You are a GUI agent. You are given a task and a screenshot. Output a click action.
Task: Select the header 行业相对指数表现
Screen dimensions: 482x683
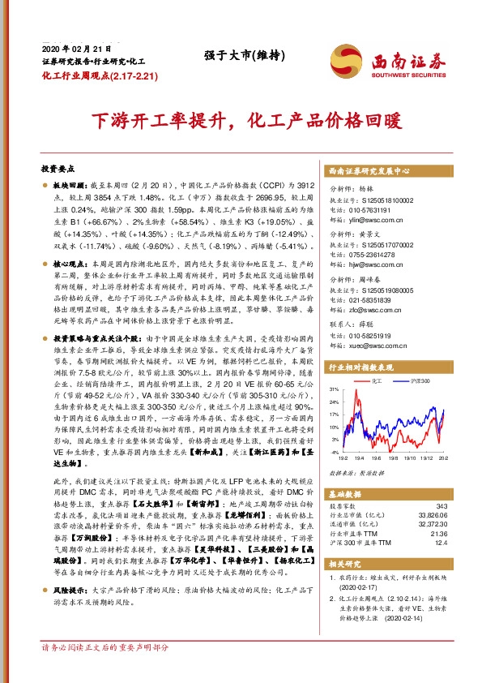357,367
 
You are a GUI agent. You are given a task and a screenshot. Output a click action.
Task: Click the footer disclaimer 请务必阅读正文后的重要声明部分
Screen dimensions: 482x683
105,672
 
